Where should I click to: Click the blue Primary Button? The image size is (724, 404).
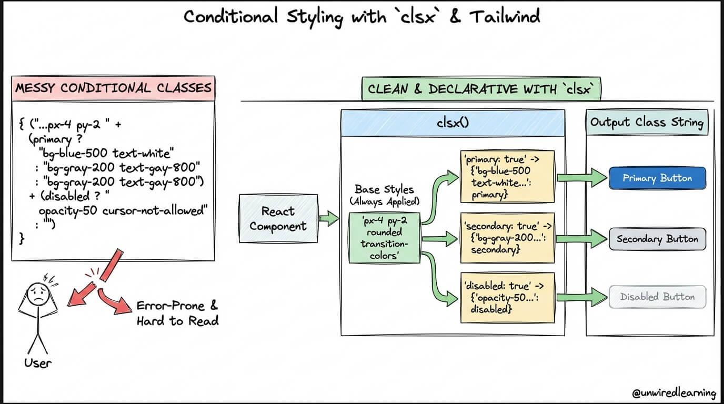click(657, 178)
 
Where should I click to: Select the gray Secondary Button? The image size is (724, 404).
click(657, 239)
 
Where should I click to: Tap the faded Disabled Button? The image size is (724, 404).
click(657, 297)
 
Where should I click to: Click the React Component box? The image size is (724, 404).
click(278, 218)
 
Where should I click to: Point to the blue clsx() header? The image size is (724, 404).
click(453, 123)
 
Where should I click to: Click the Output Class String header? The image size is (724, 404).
click(647, 122)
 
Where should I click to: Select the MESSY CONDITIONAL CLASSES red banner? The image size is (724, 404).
click(113, 88)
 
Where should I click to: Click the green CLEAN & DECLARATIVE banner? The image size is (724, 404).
click(481, 89)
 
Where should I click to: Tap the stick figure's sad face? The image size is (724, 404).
click(38, 294)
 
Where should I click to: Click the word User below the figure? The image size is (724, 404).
click(38, 363)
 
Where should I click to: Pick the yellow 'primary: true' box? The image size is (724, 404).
click(507, 176)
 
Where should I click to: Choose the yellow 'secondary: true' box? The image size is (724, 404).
click(507, 238)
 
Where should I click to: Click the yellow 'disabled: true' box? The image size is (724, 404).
click(507, 298)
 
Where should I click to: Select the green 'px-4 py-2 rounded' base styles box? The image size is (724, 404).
click(385, 238)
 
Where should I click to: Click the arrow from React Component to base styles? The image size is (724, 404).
click(329, 218)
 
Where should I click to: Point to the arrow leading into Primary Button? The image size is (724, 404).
click(582, 177)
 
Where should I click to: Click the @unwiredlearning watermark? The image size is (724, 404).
click(674, 393)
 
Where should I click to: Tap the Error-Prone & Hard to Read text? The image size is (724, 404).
click(177, 313)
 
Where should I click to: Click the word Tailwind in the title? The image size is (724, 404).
click(505, 16)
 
